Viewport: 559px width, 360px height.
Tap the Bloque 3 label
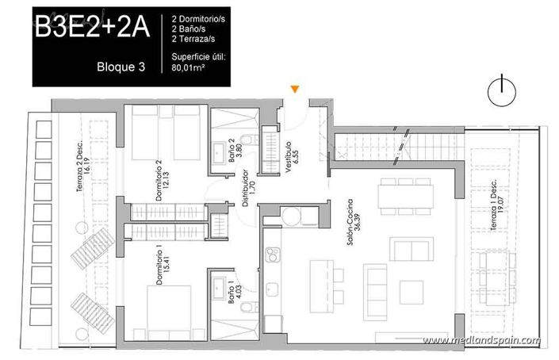point(121,67)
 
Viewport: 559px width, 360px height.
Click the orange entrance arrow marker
point(295,90)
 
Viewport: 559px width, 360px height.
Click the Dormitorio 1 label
point(163,266)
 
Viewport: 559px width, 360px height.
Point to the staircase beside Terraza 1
point(396,147)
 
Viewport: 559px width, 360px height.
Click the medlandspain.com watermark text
point(481,340)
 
